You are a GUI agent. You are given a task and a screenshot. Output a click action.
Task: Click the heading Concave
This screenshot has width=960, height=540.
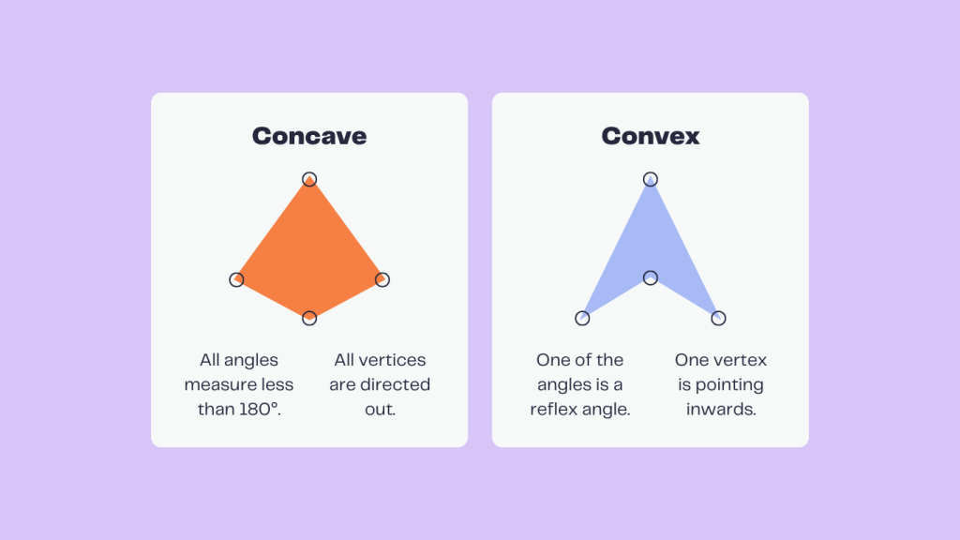[309, 136]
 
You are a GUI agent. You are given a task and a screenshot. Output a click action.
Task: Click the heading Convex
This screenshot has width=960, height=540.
[650, 136]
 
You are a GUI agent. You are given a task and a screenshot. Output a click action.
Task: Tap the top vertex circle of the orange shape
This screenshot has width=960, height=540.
[309, 179]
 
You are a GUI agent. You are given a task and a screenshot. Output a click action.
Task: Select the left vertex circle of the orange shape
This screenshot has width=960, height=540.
[236, 279]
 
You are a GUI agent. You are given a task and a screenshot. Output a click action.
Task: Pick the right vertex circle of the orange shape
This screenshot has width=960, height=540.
[382, 279]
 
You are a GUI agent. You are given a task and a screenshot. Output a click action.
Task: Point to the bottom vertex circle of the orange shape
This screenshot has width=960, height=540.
[309, 319]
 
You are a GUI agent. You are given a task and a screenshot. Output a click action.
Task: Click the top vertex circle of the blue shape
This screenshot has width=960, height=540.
[650, 179]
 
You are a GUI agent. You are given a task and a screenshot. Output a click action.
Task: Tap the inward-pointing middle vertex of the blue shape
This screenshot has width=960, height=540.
[650, 277]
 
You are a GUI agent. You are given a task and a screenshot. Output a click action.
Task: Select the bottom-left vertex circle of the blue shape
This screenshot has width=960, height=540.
[582, 319]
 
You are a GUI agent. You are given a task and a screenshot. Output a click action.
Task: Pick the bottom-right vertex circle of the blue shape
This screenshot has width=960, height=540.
[718, 319]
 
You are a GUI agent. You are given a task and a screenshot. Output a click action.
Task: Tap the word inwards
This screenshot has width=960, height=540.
[720, 410]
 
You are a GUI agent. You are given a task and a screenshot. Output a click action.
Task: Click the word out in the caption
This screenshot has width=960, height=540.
[382, 410]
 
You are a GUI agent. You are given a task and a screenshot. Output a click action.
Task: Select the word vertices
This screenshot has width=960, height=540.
[394, 360]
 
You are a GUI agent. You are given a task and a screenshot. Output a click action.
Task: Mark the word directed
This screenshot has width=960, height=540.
[397, 385]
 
